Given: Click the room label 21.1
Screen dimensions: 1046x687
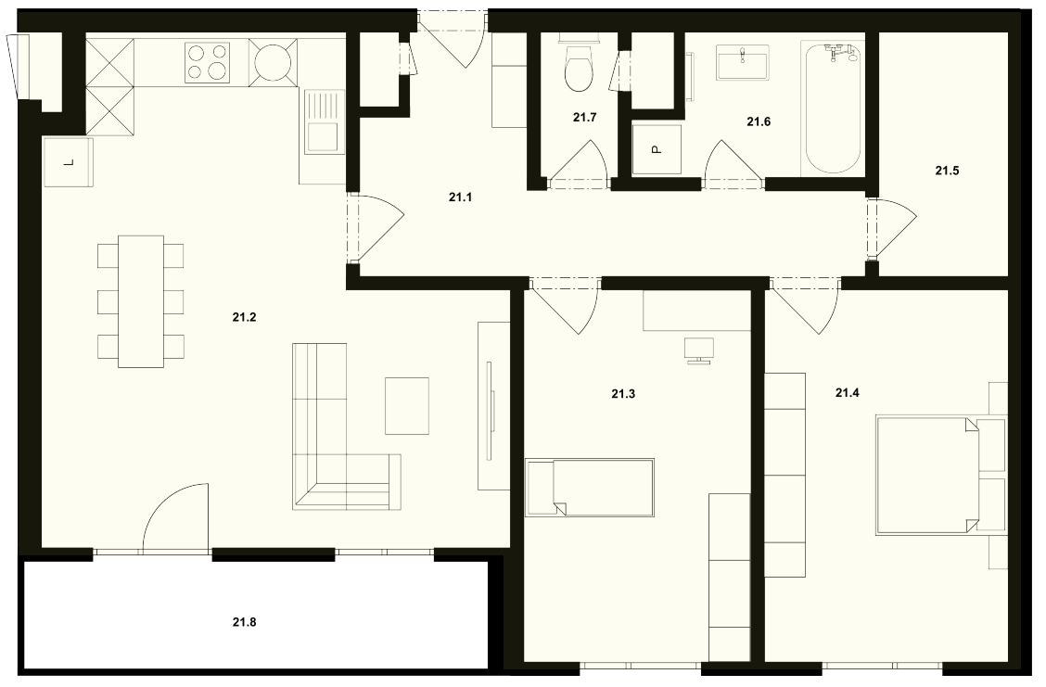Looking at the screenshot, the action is click(x=460, y=197).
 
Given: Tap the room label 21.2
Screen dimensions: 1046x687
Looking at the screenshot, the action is click(x=244, y=317).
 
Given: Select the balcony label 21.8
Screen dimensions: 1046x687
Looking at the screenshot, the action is click(x=244, y=622).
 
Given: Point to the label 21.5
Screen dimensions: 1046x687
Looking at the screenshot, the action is click(x=947, y=171).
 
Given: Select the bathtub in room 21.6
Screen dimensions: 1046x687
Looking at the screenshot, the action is click(x=834, y=108).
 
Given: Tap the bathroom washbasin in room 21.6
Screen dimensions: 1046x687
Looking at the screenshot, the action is click(x=743, y=62).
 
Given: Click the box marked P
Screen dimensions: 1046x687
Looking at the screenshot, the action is click(x=657, y=150).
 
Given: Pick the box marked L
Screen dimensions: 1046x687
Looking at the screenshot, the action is click(x=68, y=162).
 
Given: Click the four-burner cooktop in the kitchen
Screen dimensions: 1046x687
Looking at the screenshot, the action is click(x=208, y=62).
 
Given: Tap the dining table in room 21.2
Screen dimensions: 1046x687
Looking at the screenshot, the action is click(x=141, y=300).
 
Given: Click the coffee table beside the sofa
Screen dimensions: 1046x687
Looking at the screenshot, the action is click(x=407, y=405).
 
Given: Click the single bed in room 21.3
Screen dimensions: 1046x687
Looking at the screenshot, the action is click(x=590, y=488).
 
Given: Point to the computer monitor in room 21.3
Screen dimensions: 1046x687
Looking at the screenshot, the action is click(x=698, y=350).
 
